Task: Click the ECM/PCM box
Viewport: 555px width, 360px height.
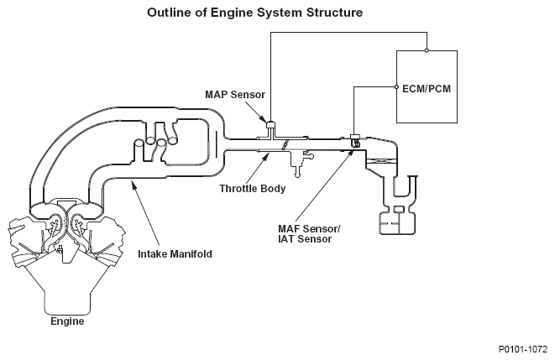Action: [427, 87]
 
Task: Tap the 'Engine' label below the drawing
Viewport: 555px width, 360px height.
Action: [67, 321]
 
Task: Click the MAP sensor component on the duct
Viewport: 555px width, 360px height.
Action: [271, 128]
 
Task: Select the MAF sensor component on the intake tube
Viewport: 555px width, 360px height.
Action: [355, 140]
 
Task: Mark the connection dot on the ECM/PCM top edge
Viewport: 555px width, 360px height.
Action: [427, 50]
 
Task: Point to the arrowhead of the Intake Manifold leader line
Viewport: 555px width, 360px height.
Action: [131, 187]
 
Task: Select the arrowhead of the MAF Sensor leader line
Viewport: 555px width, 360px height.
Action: [353, 151]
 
